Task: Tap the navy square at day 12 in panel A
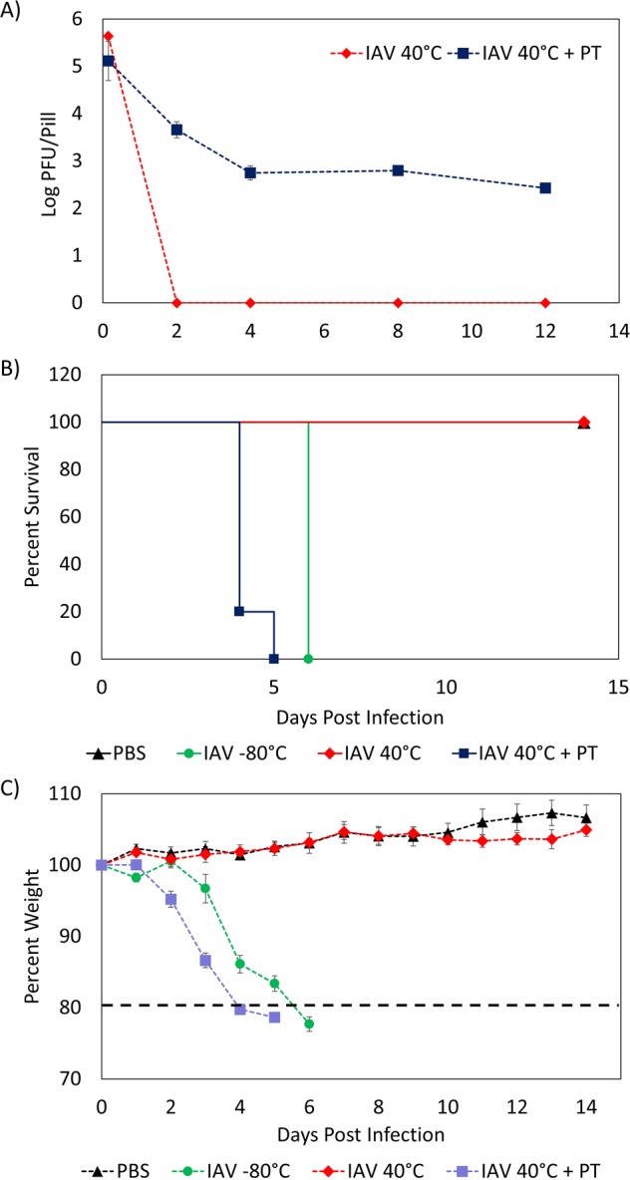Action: point(545,187)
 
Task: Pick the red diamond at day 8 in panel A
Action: point(398,302)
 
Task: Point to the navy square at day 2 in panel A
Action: point(176,130)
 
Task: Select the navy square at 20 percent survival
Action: point(239,611)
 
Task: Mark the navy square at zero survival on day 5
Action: point(273,659)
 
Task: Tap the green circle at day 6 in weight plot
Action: point(309,1024)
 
